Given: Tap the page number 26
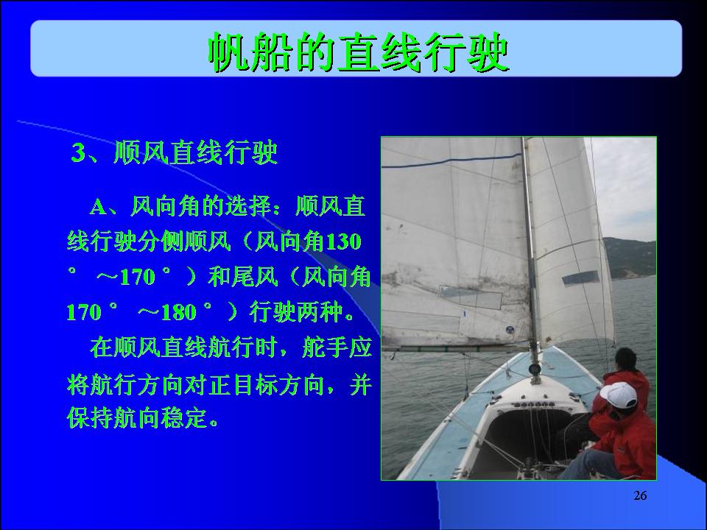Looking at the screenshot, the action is [x=640, y=495].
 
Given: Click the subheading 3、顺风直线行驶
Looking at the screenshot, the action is [x=175, y=152].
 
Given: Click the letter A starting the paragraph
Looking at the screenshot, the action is [x=98, y=208].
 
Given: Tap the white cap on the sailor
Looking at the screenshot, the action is [x=619, y=395].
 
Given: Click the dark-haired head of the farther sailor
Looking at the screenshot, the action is [x=626, y=359].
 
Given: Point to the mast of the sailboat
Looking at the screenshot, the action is [x=531, y=257].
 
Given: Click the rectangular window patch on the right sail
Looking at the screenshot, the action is [x=581, y=278].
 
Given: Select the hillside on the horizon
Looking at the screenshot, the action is [x=630, y=258].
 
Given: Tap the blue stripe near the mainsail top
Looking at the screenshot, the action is [x=451, y=161].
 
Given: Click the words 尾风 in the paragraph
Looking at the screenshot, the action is [x=254, y=277].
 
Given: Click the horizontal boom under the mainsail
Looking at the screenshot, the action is [x=455, y=348].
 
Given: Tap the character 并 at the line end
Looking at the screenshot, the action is [x=361, y=384].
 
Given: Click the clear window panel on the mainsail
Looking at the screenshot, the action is [x=471, y=297].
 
